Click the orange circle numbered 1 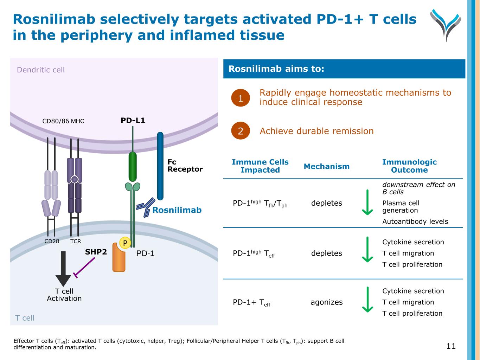tap(241, 98)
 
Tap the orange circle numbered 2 tap(241, 131)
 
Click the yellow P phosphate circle tap(125, 243)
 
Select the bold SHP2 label tap(96, 252)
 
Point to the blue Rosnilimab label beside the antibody tap(177, 210)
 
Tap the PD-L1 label tap(133, 121)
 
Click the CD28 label tap(52, 241)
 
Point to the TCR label tap(76, 241)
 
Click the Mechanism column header tap(327, 166)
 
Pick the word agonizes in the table tap(326, 302)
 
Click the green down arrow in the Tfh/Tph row tap(367, 202)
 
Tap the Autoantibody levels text tap(415, 221)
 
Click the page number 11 tap(451, 346)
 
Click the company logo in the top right tap(445, 25)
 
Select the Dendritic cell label tap(41, 70)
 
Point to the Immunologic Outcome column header tap(409, 166)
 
